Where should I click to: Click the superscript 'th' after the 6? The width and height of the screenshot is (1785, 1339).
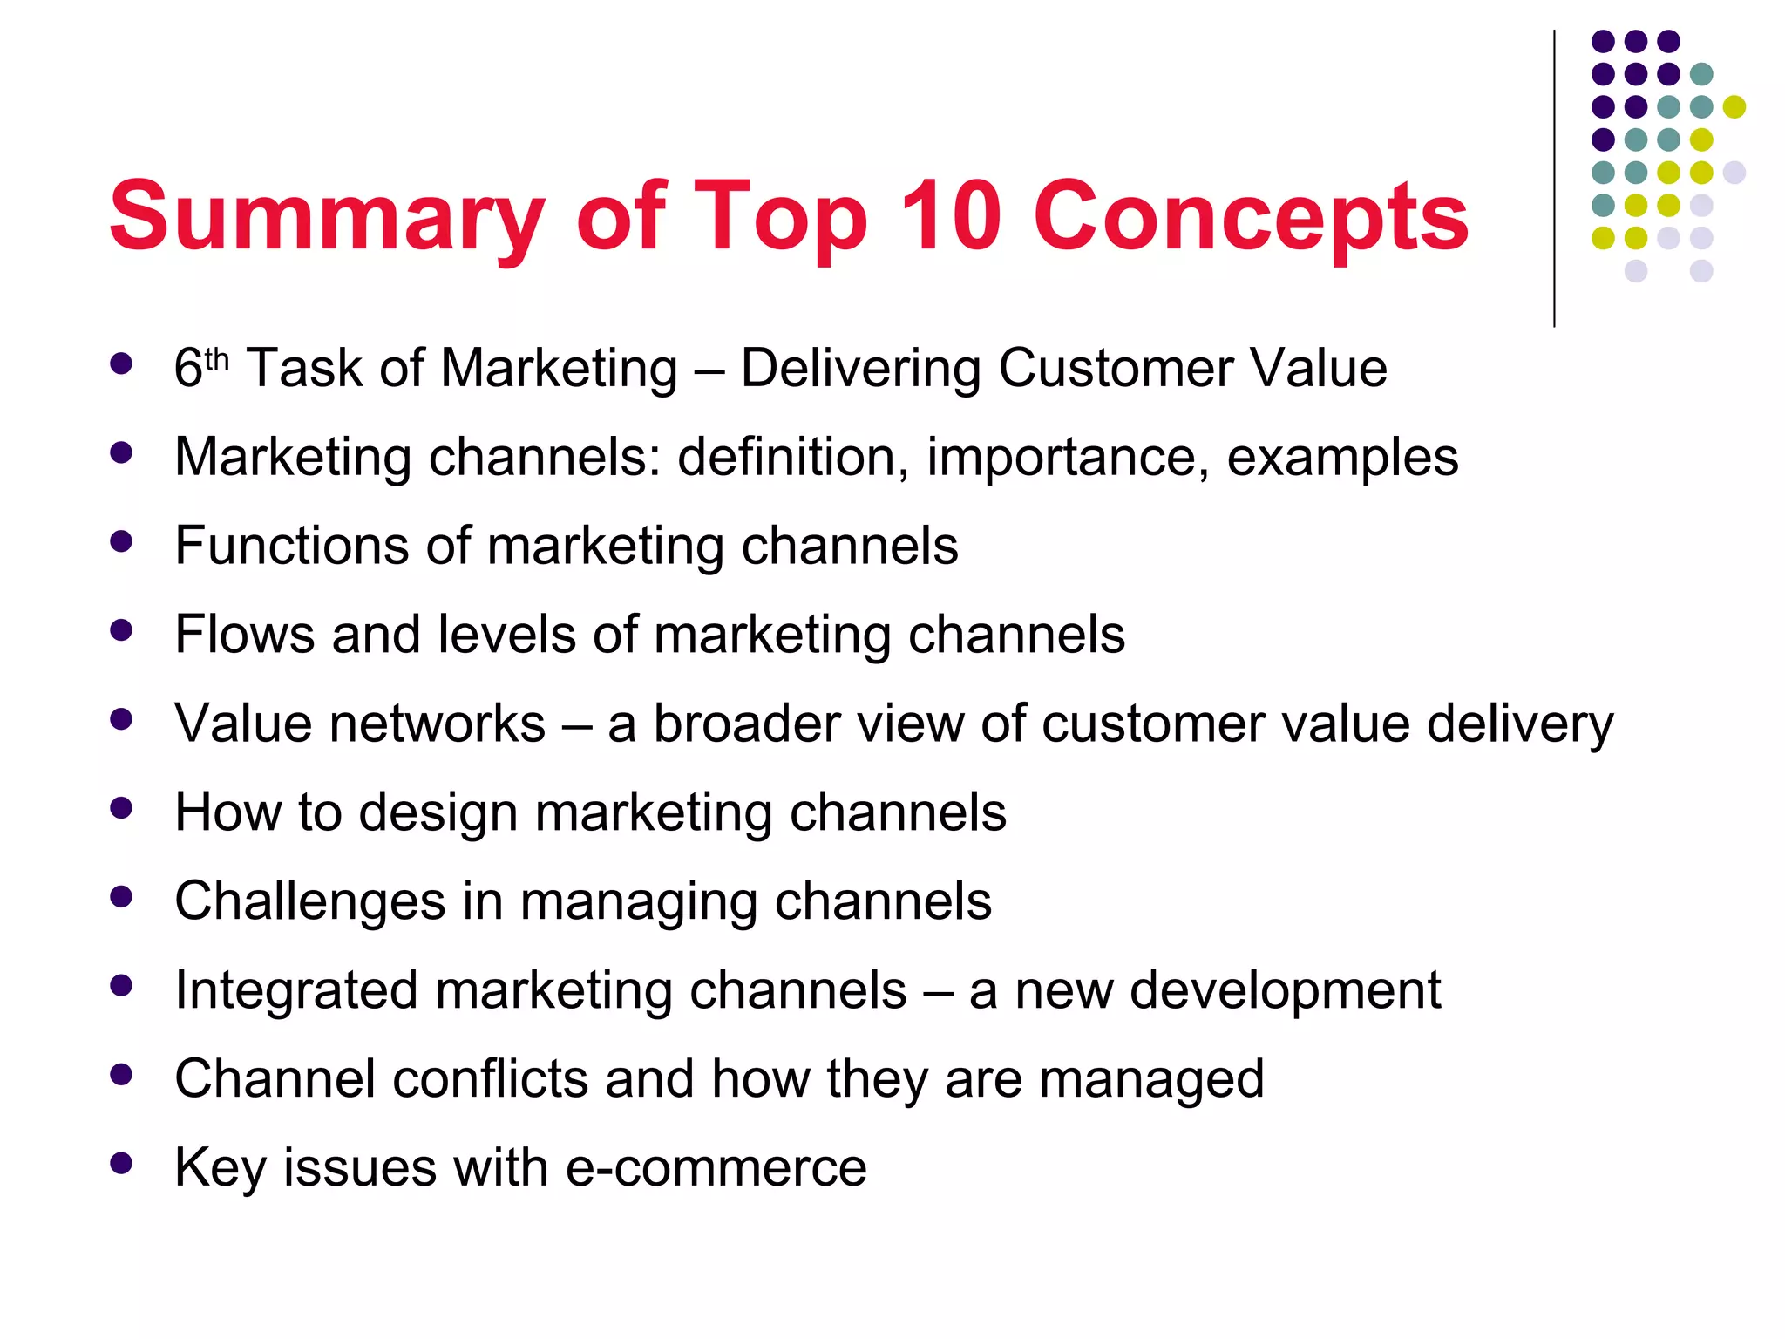point(216,359)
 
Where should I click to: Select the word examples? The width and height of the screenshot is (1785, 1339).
point(1342,459)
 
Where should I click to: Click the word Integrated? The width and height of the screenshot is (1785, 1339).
point(295,991)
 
